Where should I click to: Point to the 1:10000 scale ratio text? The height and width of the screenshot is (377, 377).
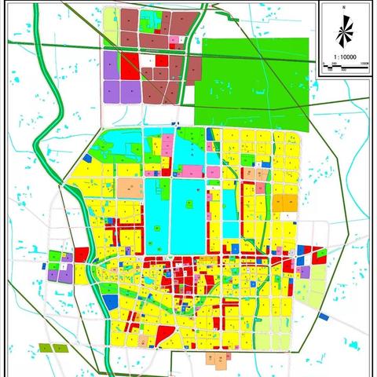pyautogui.click(x=343, y=57)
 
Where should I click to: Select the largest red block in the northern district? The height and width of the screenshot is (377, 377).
pyautogui.click(x=130, y=67)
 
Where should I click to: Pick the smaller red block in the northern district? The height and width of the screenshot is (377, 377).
pyautogui.click(x=161, y=60)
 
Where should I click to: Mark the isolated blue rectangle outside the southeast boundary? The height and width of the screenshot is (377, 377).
pyautogui.click(x=324, y=317)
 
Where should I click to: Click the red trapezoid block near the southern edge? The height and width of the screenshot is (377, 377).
pyautogui.click(x=163, y=335)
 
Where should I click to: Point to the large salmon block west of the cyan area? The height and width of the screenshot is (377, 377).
pyautogui.click(x=130, y=188)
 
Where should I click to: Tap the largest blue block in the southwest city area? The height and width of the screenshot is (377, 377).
pyautogui.click(x=112, y=300)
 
